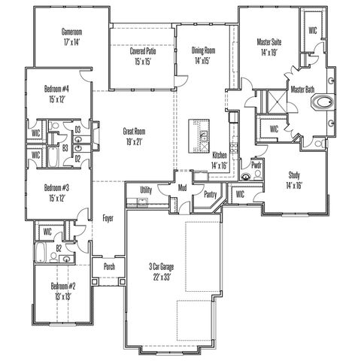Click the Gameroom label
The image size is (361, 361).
71,32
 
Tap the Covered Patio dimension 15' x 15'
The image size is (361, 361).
143,62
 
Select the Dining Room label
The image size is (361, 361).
203,50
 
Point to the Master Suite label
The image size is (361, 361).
269,42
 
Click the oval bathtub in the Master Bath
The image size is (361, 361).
323,102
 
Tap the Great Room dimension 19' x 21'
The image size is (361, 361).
135,142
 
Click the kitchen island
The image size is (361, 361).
199,136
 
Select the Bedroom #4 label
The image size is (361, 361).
56,89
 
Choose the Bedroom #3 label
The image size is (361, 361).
56,187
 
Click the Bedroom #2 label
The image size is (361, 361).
63,286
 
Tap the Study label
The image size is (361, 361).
294,175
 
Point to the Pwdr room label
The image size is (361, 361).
256,165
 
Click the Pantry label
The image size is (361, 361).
211,194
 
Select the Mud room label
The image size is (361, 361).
182,188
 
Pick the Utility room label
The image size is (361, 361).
146,190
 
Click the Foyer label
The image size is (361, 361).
108,218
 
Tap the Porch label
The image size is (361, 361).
109,266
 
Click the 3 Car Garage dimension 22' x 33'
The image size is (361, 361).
162,278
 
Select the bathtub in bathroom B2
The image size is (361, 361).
40,252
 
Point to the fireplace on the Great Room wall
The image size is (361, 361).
96,136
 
